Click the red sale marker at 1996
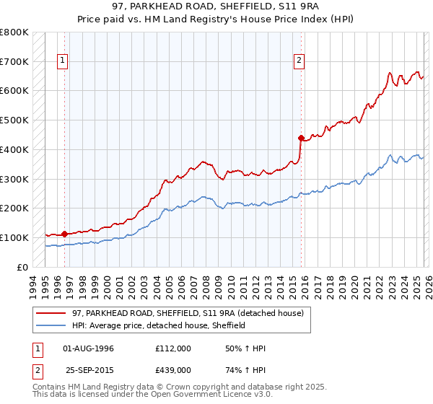pos(64,234)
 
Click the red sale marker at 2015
pos(300,137)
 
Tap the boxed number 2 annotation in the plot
pos(299,61)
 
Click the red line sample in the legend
pos(52,313)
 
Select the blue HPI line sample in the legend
pos(52,325)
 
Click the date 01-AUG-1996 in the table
pos(88,349)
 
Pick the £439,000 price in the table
pos(173,370)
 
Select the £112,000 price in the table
pos(173,349)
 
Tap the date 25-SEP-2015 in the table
pos(88,370)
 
